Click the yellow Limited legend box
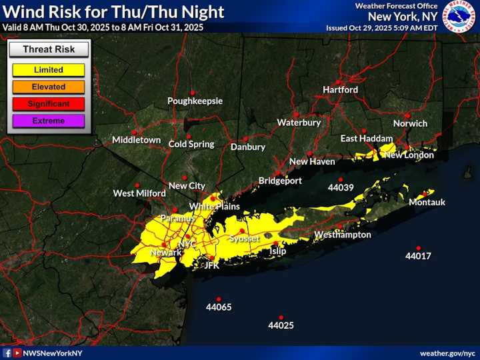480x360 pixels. pos(48,69)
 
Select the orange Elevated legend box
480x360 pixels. pos(48,87)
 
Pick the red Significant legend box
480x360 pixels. pos(48,104)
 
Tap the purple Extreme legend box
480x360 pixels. pos(48,121)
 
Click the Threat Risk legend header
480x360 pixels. pos(48,49)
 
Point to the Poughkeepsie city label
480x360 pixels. pos(195,101)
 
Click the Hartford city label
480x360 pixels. pos(340,89)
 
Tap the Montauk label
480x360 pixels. pos(427,202)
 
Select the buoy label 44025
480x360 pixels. pos(281,326)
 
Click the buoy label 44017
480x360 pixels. pos(418,256)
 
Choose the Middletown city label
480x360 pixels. pos(136,140)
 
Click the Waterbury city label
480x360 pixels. pos(299,123)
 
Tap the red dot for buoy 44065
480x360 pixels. pos(219,299)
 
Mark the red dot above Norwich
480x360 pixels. pos(407,115)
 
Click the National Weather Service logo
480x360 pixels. pos(460,17)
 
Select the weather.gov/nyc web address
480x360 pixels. pos(447,353)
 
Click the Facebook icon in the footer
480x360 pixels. pos(7,353)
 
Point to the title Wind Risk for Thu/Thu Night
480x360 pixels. pos(113,12)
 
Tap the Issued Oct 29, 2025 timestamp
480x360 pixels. pos(381,28)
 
